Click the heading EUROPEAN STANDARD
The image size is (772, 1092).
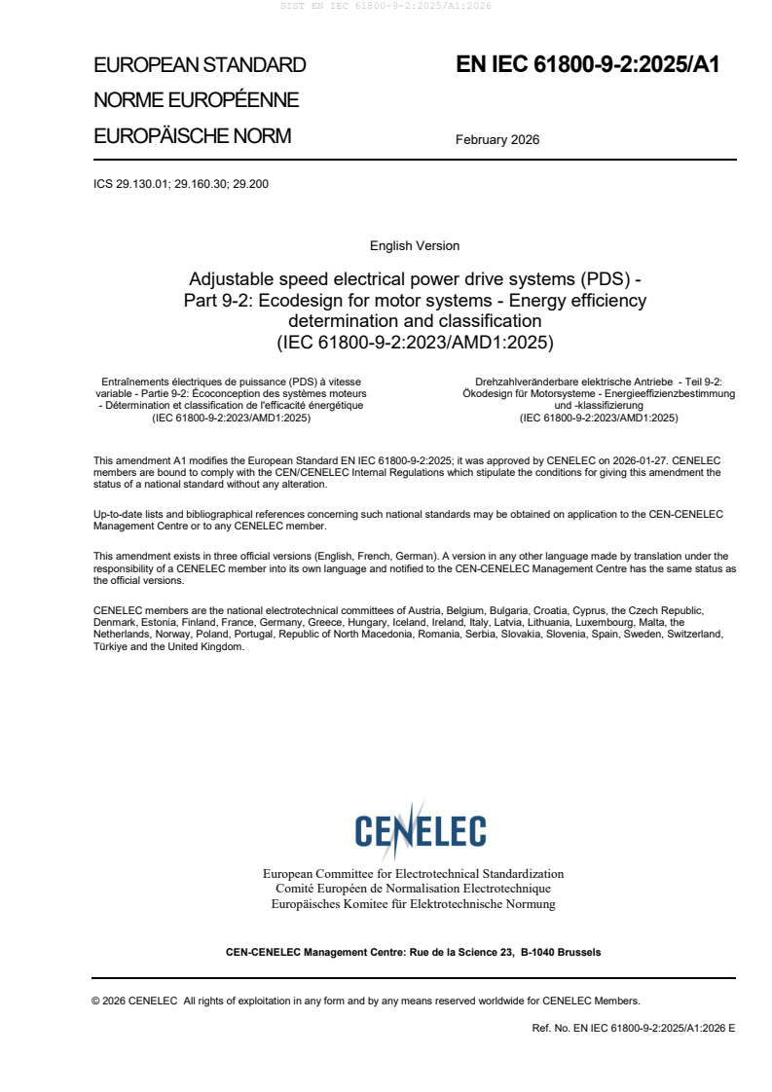tap(200, 65)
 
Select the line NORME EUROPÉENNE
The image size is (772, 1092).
tap(196, 100)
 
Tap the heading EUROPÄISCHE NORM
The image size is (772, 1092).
tap(192, 135)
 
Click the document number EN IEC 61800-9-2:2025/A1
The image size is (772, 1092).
tap(587, 65)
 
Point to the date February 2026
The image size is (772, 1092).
tap(497, 139)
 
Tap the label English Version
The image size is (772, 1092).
tap(415, 245)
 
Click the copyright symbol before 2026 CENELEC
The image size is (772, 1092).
tap(96, 1000)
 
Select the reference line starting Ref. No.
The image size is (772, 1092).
tap(633, 1027)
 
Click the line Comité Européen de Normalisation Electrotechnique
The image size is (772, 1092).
tap(413, 889)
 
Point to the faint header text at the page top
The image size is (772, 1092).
tap(386, 6)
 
